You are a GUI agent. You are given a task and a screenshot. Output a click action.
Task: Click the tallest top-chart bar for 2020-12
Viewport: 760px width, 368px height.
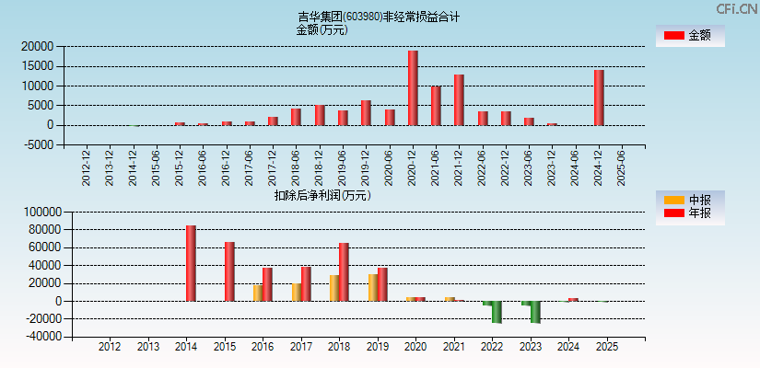[413, 88]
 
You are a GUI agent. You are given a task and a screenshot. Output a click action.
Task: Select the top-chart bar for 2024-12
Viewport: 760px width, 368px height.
[599, 98]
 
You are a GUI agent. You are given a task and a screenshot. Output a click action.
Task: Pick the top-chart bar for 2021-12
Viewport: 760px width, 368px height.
[459, 100]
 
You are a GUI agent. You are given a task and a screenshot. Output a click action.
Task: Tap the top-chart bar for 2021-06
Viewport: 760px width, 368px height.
[436, 106]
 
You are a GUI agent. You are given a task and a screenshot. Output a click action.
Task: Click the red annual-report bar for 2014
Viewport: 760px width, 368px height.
[191, 263]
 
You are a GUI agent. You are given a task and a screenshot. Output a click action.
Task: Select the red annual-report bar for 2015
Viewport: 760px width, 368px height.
[229, 271]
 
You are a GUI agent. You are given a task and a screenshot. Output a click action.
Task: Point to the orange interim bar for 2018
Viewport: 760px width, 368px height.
[334, 288]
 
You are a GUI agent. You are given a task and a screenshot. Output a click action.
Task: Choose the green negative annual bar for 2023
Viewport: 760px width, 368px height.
[535, 312]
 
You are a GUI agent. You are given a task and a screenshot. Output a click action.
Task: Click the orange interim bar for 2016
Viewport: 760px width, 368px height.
[258, 293]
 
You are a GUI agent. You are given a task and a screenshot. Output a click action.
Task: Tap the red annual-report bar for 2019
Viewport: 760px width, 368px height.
[382, 284]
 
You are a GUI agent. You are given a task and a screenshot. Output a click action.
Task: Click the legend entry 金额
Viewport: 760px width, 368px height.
[690, 35]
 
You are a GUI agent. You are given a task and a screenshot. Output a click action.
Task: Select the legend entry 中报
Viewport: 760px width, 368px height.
[690, 201]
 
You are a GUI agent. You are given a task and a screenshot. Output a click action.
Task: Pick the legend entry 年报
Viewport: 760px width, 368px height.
[690, 213]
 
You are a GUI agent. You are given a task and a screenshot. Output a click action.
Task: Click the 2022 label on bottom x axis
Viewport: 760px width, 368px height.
[491, 347]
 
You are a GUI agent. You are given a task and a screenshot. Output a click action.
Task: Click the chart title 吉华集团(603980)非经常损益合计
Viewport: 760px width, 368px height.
[379, 17]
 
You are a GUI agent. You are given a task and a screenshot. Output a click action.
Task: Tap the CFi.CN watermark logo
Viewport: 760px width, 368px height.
[737, 9]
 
